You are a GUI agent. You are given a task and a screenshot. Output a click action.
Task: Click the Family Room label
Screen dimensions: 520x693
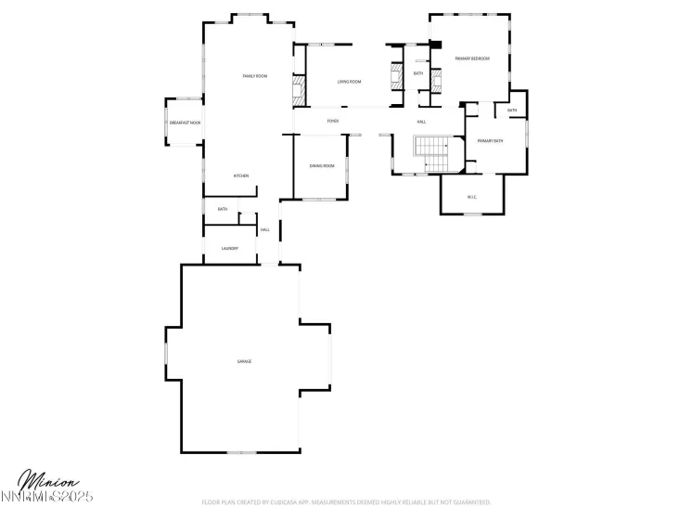coord(254,75)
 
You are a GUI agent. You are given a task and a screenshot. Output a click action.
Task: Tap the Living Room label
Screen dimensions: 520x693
coord(349,82)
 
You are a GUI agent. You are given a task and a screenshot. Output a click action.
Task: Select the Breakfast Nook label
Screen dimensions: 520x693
coord(185,123)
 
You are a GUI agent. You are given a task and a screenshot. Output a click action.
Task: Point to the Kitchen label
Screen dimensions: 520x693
coord(241,175)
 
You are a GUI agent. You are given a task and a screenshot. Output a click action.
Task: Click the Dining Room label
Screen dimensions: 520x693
coord(321,165)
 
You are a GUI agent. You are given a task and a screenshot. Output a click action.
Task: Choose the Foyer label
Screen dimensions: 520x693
coord(332,122)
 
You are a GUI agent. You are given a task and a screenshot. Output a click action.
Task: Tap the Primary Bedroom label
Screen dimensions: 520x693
coord(471,58)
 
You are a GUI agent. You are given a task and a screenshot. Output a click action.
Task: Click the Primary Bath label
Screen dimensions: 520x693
coord(490,140)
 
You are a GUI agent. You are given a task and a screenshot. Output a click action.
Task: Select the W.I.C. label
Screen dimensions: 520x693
coord(471,196)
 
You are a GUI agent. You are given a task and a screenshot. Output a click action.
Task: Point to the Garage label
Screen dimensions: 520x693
coord(244,361)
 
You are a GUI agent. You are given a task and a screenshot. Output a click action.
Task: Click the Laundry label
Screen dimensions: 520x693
coord(230,249)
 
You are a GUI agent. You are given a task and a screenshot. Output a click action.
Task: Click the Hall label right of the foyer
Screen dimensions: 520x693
coord(421,122)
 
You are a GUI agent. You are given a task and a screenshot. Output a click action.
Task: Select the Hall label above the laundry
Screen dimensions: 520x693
coord(265,229)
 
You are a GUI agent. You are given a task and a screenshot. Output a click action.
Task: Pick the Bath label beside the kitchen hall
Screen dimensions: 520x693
coord(223,209)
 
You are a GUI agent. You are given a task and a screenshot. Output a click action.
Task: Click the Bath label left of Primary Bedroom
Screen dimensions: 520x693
coord(418,73)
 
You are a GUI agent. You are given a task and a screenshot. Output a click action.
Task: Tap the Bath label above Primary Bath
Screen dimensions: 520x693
coord(512,111)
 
